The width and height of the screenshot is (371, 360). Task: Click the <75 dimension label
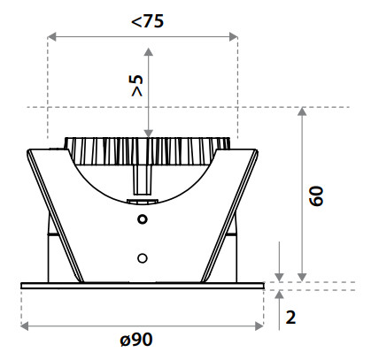point(147,21)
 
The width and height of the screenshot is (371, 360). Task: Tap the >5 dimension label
point(137,86)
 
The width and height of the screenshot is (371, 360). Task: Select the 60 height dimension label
point(316,195)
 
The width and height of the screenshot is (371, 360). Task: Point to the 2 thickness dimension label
point(290,318)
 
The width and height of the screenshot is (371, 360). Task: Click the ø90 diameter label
point(136,340)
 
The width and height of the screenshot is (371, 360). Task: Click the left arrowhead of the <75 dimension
point(51,37)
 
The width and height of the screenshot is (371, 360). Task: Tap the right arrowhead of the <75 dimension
point(234,37)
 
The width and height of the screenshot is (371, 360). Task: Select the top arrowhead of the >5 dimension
point(149,52)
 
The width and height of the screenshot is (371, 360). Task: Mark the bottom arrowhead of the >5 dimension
point(149,134)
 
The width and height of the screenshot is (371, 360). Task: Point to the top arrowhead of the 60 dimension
point(302,111)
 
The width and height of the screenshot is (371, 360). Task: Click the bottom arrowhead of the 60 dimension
point(302,278)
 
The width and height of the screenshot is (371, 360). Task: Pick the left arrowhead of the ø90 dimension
point(25,326)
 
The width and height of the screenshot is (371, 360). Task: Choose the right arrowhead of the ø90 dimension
point(259,326)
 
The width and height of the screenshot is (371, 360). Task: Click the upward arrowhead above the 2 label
point(279,295)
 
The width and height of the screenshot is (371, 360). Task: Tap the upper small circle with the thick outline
point(143,219)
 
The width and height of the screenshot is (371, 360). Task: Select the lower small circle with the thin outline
point(143,258)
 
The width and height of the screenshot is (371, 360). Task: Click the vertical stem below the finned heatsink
point(143,180)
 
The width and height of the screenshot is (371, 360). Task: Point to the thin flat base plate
point(143,286)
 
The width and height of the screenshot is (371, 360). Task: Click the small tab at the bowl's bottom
point(143,202)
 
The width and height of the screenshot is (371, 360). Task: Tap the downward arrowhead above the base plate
point(279,278)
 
